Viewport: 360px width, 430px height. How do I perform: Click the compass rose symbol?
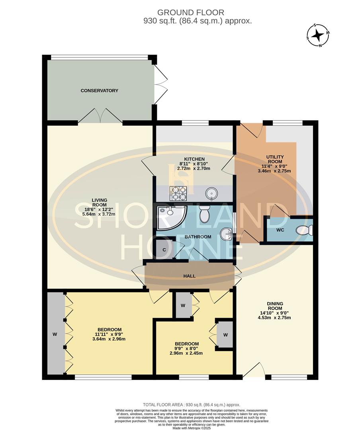coord(317,35)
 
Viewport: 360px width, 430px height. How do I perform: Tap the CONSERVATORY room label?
coord(100,91)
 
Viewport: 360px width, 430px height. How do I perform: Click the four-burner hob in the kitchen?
coord(179,193)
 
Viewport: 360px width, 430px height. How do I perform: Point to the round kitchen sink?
coord(211,194)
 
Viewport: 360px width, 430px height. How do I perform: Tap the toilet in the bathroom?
coord(204,214)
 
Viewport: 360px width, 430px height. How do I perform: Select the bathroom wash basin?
coord(226,234)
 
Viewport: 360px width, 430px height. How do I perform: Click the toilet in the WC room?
coord(307,230)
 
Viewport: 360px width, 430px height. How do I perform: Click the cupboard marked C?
coord(164,250)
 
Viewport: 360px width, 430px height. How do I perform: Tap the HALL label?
coord(189,276)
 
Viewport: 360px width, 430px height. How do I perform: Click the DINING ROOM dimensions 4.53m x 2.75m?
coord(275,318)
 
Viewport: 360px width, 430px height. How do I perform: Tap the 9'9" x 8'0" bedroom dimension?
coord(186,348)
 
